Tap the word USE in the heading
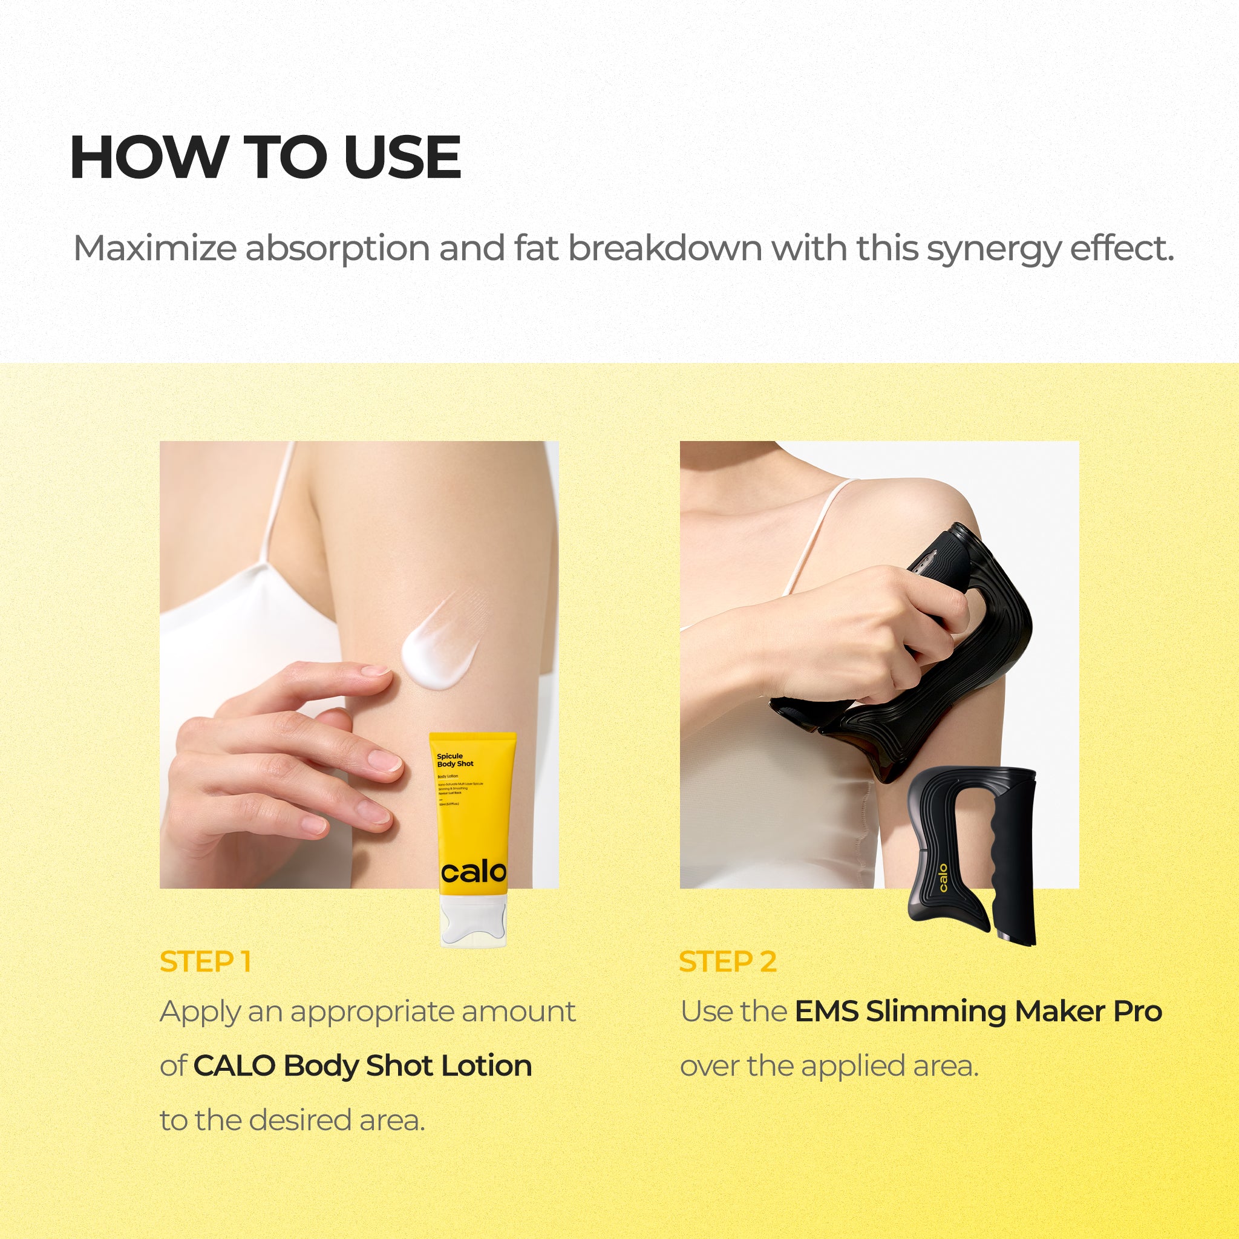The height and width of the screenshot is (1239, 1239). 402,158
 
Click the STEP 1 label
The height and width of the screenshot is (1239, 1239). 204,962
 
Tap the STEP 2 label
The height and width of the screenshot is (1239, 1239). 727,962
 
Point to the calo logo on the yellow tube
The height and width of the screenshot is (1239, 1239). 473,872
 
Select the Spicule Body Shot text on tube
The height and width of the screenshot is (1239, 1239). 455,760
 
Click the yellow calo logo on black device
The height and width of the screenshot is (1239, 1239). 943,878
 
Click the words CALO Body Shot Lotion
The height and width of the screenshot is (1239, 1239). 362,1066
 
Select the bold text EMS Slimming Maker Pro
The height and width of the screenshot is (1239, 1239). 978,1012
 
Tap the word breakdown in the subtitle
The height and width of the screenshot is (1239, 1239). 664,248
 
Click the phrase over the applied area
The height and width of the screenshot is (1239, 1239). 829,1066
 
